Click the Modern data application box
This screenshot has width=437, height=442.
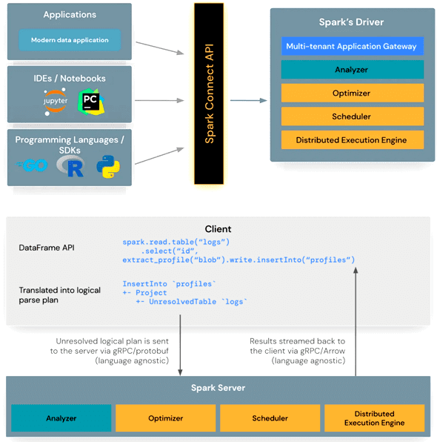click(x=70, y=40)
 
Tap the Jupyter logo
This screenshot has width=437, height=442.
click(x=56, y=102)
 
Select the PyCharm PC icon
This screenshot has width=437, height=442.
click(x=91, y=102)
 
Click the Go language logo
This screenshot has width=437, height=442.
click(x=32, y=165)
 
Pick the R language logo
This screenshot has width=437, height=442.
click(x=70, y=166)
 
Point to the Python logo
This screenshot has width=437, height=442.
click(x=108, y=167)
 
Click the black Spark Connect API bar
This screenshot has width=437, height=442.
click(x=209, y=93)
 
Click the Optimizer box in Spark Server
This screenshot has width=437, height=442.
click(x=166, y=418)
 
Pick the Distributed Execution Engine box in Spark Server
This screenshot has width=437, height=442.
click(x=375, y=418)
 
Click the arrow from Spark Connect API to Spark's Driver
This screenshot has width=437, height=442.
click(x=249, y=100)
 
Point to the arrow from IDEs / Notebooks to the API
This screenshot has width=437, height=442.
click(x=159, y=100)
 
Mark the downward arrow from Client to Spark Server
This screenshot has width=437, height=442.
click(x=180, y=346)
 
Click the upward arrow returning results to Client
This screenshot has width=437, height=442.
click(x=356, y=322)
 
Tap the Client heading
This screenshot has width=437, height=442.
click(x=218, y=229)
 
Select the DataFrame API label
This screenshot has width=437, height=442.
click(x=47, y=248)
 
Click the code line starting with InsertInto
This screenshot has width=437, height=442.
click(x=169, y=284)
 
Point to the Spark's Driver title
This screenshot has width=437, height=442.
click(x=351, y=22)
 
